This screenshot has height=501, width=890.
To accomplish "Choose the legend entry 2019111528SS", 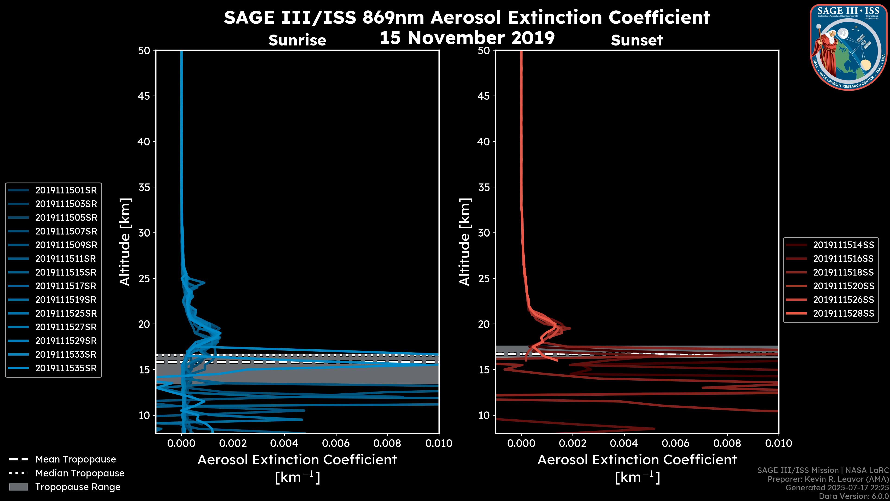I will pyautogui.click(x=843, y=314).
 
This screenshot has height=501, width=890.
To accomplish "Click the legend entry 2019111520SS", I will pyautogui.click(x=843, y=286).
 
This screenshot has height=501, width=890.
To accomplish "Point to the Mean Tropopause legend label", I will pyautogui.click(x=76, y=459).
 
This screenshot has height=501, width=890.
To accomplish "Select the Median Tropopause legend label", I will pyautogui.click(x=80, y=473).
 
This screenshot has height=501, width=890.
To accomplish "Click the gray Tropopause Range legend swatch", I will pyautogui.click(x=19, y=487).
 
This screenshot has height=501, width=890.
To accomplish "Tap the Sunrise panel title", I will pyautogui.click(x=297, y=40).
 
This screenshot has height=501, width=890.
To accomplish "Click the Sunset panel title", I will pyautogui.click(x=637, y=40).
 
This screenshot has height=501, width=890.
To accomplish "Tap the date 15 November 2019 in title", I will pyautogui.click(x=467, y=38).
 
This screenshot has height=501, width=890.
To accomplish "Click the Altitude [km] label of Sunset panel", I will pyautogui.click(x=465, y=242).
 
